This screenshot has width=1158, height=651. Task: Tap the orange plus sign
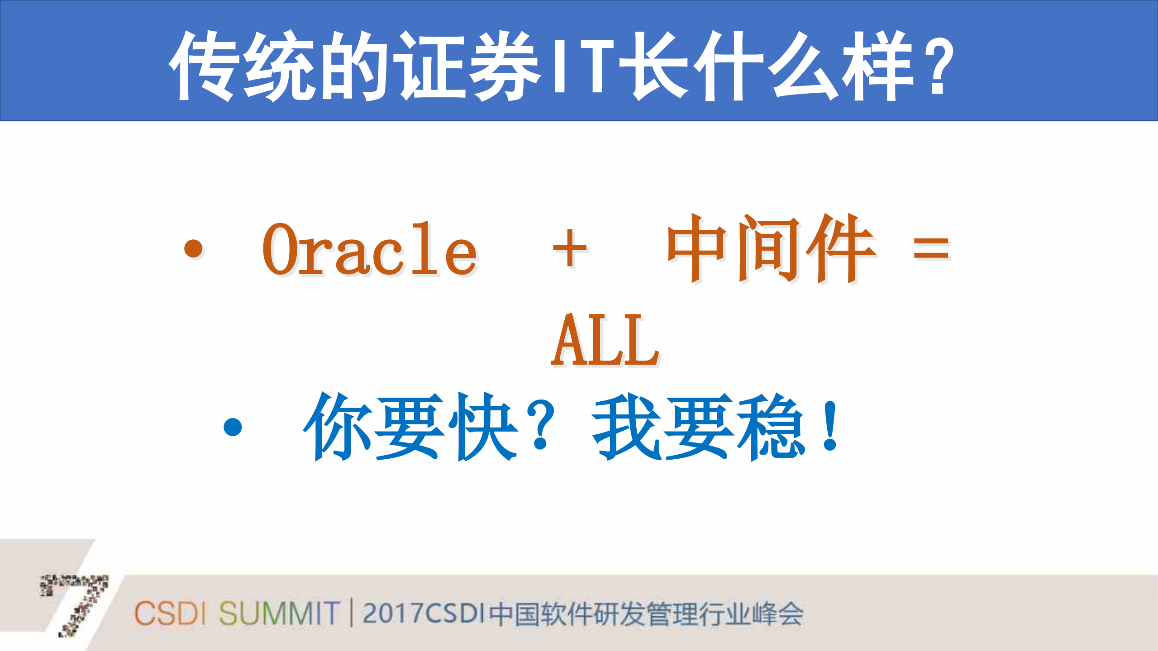pyautogui.click(x=570, y=248)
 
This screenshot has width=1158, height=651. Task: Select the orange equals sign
pyautogui.click(x=931, y=248)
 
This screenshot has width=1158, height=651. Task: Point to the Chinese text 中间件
pyautogui.click(x=771, y=248)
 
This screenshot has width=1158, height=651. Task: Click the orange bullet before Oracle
pyautogui.click(x=194, y=248)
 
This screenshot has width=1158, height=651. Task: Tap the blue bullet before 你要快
pyautogui.click(x=233, y=427)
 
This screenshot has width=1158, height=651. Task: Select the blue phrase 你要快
pyautogui.click(x=410, y=426)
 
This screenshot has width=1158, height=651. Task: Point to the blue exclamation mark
pyautogui.click(x=830, y=427)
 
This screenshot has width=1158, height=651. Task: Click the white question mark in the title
pyautogui.click(x=938, y=66)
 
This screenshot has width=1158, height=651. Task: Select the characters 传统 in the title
pyautogui.click(x=242, y=66)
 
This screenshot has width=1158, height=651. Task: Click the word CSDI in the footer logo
pyautogui.click(x=170, y=613)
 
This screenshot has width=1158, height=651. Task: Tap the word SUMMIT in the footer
pyautogui.click(x=279, y=613)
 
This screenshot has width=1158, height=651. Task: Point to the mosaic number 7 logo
pyautogui.click(x=77, y=604)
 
